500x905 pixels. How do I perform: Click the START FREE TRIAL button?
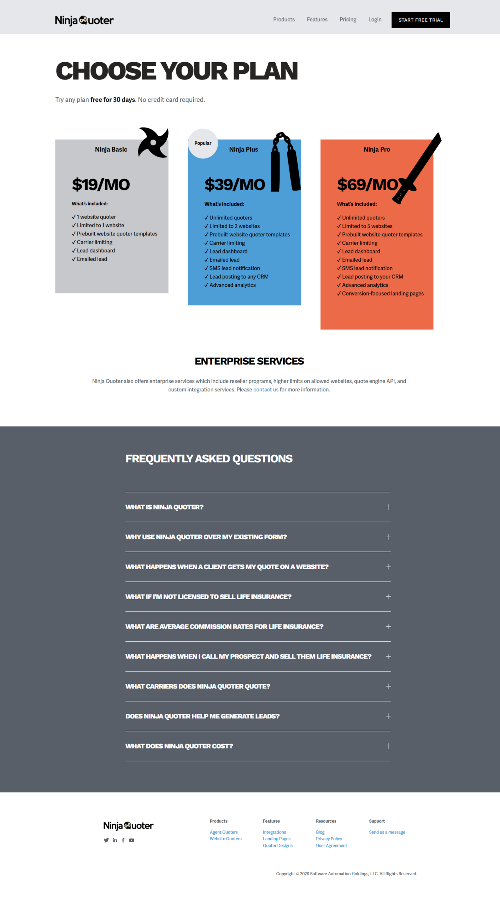[x=420, y=20]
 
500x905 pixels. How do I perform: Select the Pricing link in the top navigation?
[x=348, y=19]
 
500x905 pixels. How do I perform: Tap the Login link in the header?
[x=375, y=19]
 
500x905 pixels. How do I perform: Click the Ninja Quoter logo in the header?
[x=84, y=21]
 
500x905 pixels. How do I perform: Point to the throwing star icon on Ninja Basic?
[x=153, y=142]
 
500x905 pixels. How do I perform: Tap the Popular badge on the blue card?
[x=203, y=143]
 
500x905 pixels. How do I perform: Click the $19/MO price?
[x=101, y=185]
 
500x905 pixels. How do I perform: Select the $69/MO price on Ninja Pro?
[x=367, y=185]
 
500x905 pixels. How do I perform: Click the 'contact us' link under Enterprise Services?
[x=266, y=390]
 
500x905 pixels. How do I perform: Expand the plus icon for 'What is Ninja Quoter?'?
[x=388, y=507]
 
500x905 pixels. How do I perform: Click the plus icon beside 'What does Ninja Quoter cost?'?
[x=388, y=746]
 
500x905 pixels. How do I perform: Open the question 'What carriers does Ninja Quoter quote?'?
[x=198, y=686]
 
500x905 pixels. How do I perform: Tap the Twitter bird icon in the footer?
[x=106, y=840]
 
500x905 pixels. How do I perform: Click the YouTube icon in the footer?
[x=131, y=840]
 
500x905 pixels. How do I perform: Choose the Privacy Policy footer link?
[x=329, y=839]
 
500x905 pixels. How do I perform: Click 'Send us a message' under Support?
[x=387, y=832]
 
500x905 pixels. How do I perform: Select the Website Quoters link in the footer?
[x=225, y=839]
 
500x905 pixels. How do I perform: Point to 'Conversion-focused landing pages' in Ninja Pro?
[x=382, y=293]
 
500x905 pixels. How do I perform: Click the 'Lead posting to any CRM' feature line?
[x=239, y=276]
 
